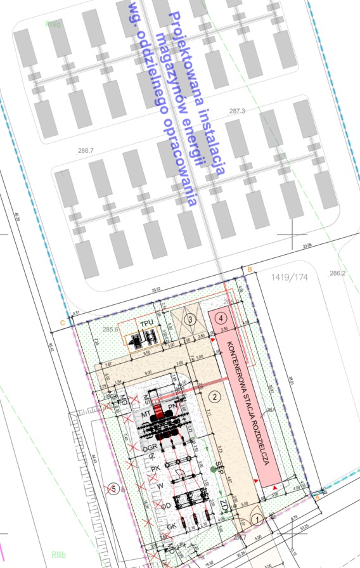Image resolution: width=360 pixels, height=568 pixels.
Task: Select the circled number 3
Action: pyautogui.click(x=190, y=319)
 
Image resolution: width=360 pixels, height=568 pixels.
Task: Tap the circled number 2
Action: pyautogui.click(x=214, y=397)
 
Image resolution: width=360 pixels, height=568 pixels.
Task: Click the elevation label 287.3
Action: pyautogui.click(x=237, y=111)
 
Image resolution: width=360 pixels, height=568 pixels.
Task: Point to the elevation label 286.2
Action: pyautogui.click(x=338, y=274)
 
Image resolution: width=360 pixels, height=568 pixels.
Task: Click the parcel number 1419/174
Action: pyautogui.click(x=288, y=278)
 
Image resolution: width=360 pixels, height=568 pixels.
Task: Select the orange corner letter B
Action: pyautogui.click(x=250, y=270)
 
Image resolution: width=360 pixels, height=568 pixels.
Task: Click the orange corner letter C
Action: pyautogui.click(x=62, y=322)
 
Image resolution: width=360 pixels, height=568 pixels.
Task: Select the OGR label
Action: pyautogui.click(x=150, y=448)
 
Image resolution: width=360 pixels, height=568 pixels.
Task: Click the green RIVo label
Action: pyautogui.click(x=53, y=25)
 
